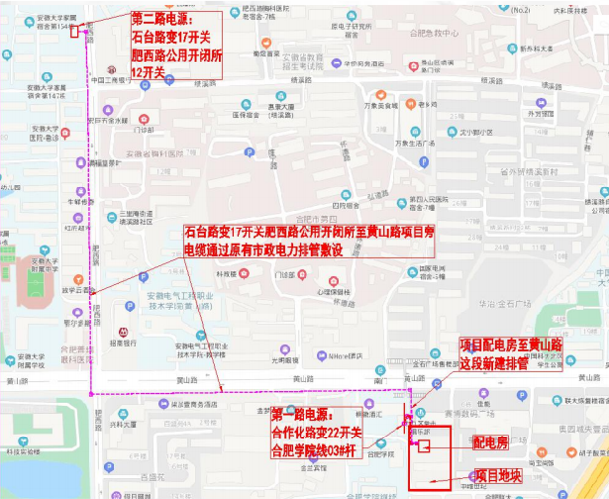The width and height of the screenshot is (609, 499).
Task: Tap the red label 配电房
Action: click(x=490, y=441)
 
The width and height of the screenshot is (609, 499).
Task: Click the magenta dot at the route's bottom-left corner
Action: click(x=91, y=394)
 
